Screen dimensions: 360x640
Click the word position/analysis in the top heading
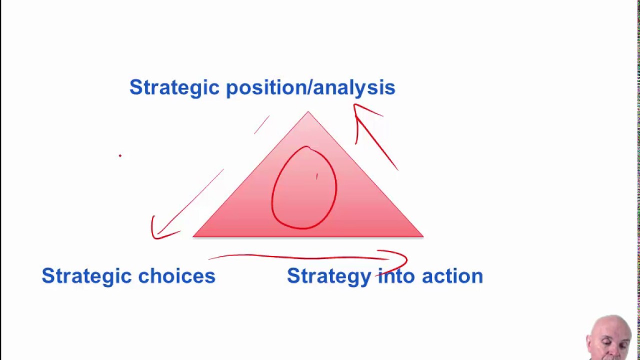[x=310, y=88]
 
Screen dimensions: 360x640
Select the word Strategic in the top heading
[x=174, y=88]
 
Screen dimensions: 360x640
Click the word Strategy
[x=329, y=276]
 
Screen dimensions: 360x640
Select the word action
[x=452, y=276]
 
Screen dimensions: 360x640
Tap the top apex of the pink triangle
[x=308, y=112]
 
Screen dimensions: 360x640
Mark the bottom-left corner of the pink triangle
[x=193, y=236]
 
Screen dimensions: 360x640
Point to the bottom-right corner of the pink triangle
[x=422, y=236]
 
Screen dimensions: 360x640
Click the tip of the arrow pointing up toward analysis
[x=354, y=105]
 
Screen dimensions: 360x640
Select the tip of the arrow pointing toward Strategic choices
[x=153, y=236]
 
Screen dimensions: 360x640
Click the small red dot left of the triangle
[x=120, y=156]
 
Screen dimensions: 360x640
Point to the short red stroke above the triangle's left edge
[x=261, y=125]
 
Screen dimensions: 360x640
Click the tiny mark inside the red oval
[x=316, y=176]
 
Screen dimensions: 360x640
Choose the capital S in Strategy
[x=292, y=276]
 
